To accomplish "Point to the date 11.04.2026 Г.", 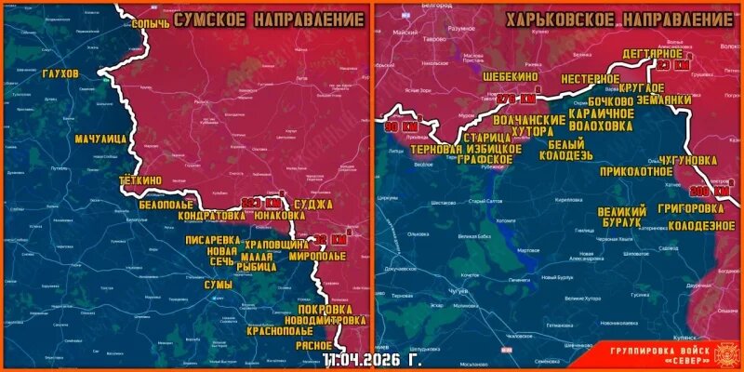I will (x=370, y=358).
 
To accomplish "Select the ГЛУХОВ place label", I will (x=61, y=73).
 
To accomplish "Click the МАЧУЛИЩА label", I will (x=101, y=139).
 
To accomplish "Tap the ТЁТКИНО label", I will (x=141, y=179).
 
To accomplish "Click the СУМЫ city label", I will (x=219, y=285).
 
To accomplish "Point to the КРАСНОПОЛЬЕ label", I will (x=279, y=330).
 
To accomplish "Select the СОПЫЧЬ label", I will (x=151, y=20).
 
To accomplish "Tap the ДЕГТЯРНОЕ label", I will (x=655, y=53).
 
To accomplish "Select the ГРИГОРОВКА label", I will (x=690, y=207).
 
